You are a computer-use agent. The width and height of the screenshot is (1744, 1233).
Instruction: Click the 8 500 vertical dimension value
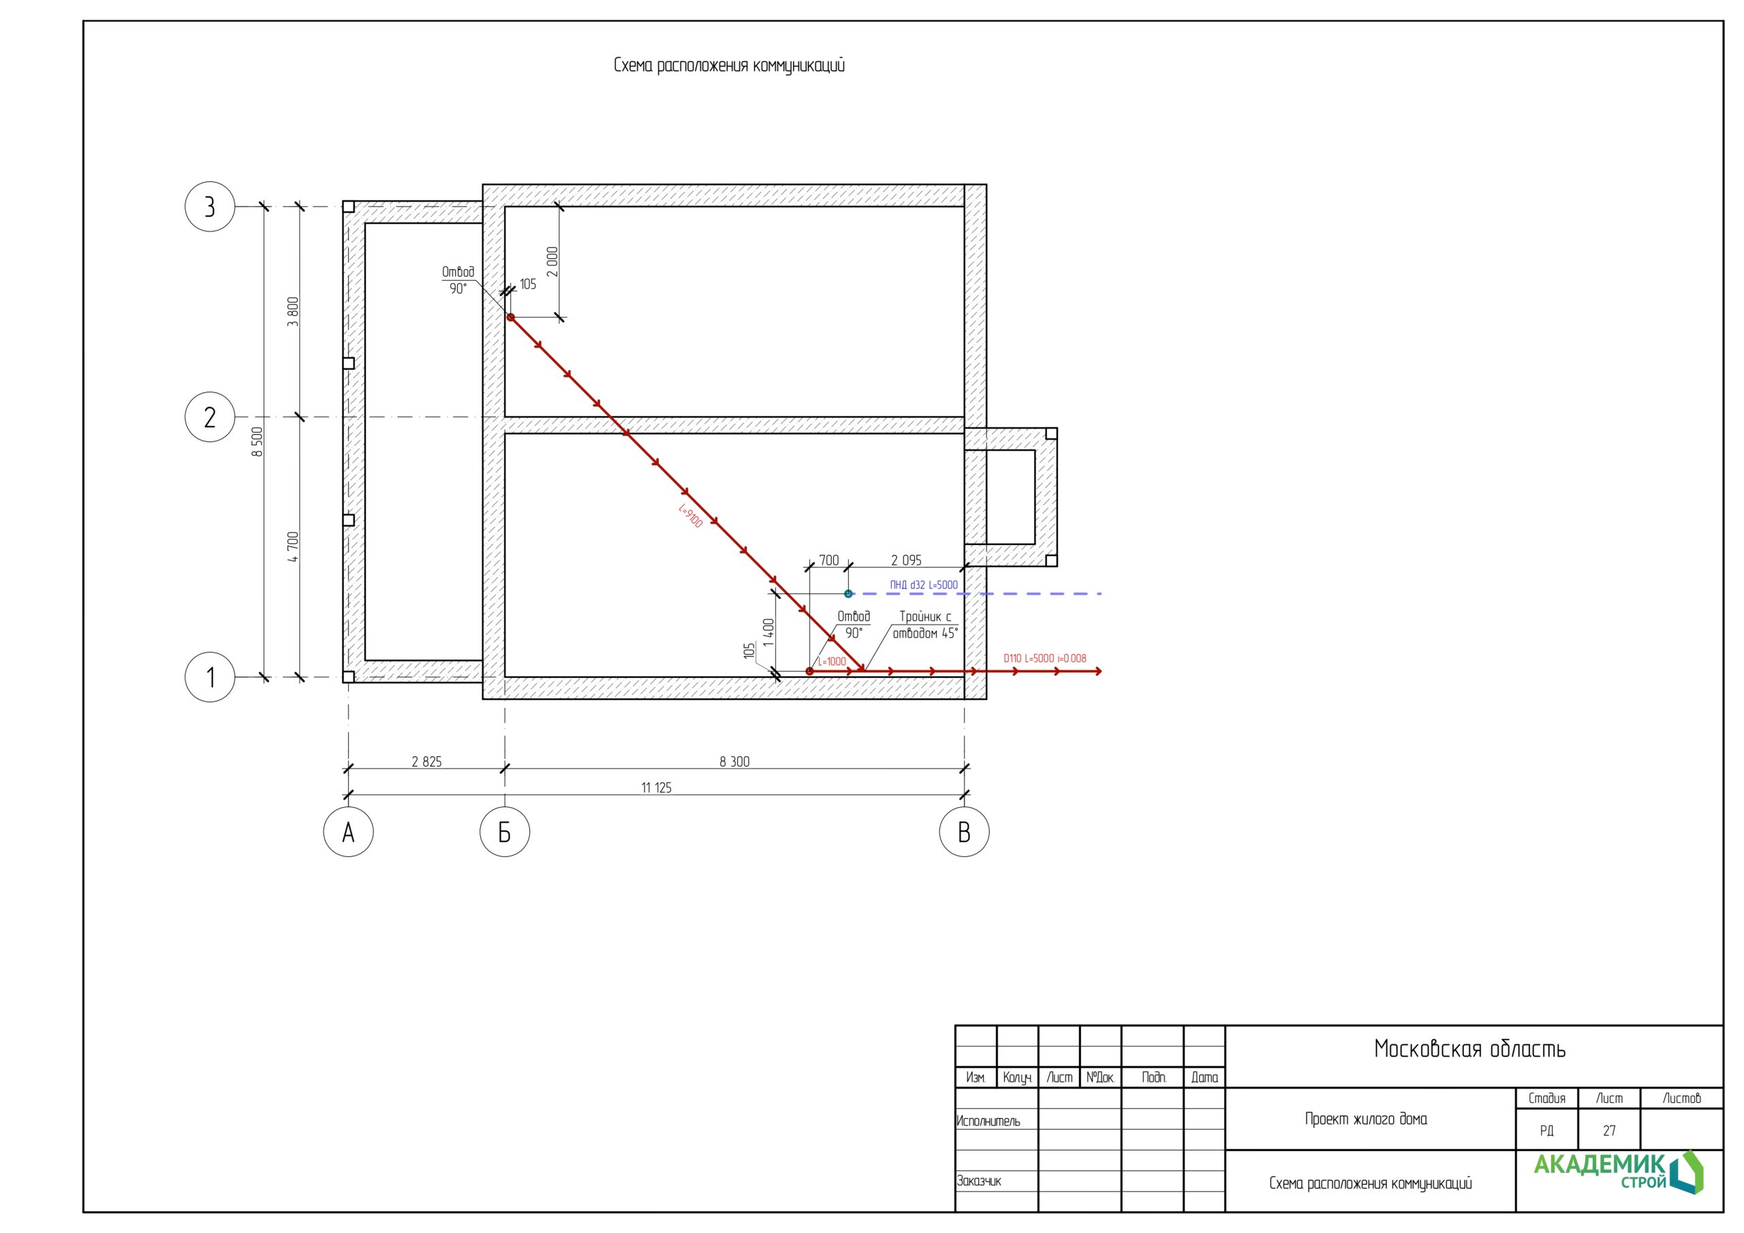[258, 441]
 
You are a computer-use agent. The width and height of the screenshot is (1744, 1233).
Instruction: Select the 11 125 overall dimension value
[656, 787]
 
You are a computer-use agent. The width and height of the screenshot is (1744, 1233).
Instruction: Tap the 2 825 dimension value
[426, 761]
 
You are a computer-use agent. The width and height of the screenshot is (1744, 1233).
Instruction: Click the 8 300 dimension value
[734, 761]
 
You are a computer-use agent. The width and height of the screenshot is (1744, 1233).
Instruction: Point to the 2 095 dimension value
[906, 560]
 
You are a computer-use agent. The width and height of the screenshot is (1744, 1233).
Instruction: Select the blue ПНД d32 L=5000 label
[924, 585]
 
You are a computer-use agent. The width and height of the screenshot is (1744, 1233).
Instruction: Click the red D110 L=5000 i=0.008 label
[1045, 659]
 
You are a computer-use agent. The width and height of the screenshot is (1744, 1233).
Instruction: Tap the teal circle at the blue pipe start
[848, 593]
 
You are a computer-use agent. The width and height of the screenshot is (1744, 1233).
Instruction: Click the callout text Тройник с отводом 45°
[925, 625]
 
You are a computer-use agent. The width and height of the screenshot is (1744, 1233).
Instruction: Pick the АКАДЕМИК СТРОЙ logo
[1618, 1172]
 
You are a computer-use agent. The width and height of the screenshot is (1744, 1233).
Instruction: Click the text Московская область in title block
[1469, 1049]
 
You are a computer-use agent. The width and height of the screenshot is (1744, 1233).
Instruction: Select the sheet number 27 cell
[1609, 1130]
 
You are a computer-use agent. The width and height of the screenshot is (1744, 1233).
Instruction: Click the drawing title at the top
[729, 65]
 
